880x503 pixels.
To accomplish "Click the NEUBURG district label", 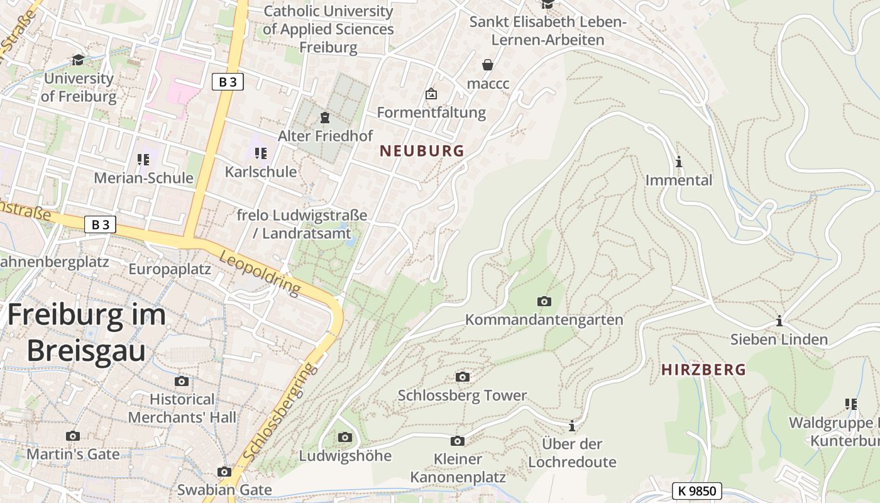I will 422,151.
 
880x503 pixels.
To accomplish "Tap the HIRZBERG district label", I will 703,370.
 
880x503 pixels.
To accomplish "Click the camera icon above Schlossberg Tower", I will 462,377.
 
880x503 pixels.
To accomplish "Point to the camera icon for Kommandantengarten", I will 544,302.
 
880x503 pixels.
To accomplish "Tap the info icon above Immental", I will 679,162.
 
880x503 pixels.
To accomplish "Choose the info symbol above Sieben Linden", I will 779,321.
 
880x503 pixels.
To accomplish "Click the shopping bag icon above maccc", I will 488,64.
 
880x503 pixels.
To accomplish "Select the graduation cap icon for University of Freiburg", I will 78,60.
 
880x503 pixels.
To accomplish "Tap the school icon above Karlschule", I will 261,153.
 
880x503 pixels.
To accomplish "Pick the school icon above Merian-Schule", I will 143,160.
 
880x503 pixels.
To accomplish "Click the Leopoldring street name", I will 260,274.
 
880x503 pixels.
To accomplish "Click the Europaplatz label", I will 170,269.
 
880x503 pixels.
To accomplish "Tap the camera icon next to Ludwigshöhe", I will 344,437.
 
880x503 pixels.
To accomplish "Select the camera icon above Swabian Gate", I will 224,472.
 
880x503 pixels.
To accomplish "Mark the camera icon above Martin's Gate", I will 73,436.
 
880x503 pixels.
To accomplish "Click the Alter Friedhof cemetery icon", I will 325,118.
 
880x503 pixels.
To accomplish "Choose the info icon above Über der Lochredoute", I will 572,426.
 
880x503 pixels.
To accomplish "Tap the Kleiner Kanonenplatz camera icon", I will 458,441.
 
